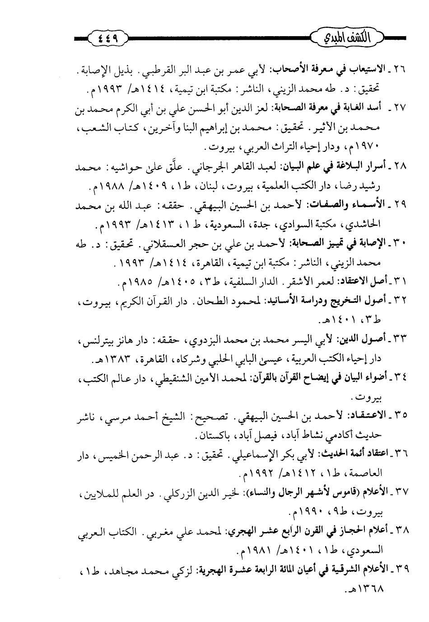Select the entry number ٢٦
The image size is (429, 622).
(x=400, y=72)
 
